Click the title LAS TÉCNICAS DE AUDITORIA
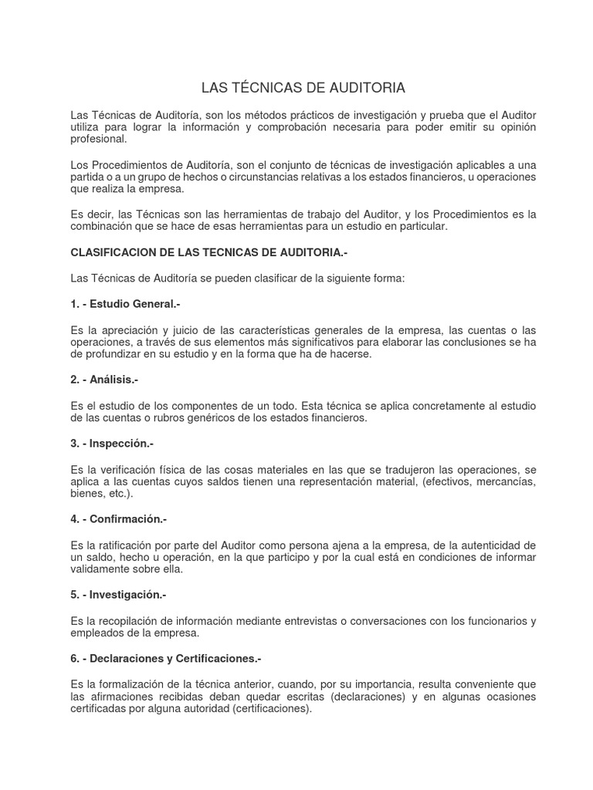(x=303, y=87)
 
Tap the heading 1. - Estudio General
(x=125, y=304)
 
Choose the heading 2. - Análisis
(x=104, y=380)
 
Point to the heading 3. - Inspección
(x=112, y=444)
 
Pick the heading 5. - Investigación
(x=118, y=595)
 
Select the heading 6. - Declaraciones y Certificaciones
(x=166, y=658)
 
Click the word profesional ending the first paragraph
(x=98, y=139)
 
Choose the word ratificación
(x=127, y=545)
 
